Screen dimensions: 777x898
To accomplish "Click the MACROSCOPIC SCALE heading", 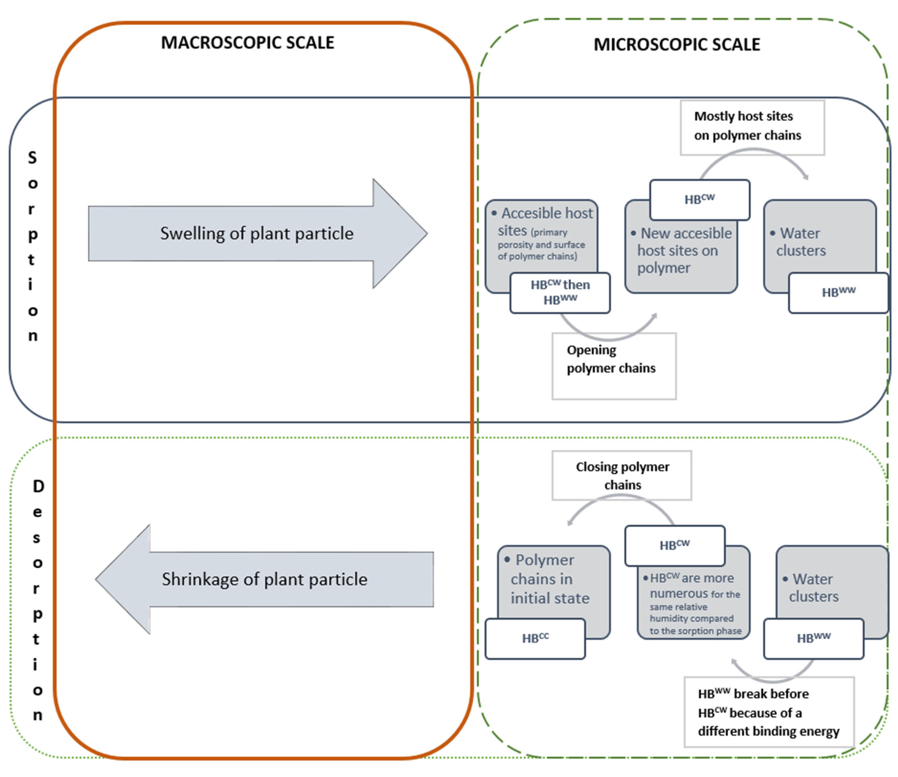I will tap(248, 43).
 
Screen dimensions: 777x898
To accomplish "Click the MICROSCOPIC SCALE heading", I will tap(677, 45).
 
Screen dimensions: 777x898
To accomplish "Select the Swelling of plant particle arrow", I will tap(258, 233).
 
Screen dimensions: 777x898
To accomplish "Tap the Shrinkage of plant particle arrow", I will tap(264, 579).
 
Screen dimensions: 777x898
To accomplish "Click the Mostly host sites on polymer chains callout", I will tap(752, 127).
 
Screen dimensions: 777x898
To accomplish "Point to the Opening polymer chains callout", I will tap(614, 365).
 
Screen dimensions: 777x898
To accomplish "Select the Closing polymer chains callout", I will tap(622, 475).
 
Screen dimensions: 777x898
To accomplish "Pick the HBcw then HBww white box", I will tap(560, 293).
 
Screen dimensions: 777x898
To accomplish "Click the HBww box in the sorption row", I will tap(838, 293).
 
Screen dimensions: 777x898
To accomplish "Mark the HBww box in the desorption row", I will tap(813, 639).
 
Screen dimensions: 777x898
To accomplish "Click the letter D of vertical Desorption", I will tap(38, 486).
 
